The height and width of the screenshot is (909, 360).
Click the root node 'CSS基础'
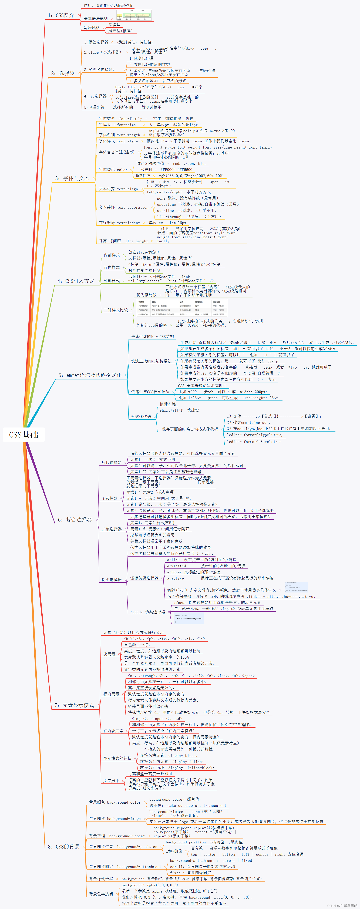[x=24, y=434]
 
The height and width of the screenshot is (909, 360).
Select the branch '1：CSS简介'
[x=61, y=15]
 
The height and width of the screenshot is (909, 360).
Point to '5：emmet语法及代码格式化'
[x=90, y=375]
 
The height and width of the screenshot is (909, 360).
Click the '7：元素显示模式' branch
[x=74, y=705]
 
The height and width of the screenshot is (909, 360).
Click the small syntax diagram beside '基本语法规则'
[x=134, y=15]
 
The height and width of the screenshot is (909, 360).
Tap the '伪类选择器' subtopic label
[x=112, y=579]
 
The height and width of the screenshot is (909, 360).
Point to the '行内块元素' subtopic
[x=113, y=731]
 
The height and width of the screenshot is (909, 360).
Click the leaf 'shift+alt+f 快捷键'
[x=179, y=410]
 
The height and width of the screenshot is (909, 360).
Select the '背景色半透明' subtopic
[x=101, y=894]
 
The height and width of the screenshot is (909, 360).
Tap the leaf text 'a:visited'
[x=176, y=566]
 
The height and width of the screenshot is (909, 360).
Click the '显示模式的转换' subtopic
[x=117, y=758]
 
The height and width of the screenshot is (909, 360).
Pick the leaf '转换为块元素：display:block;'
[x=169, y=756]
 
